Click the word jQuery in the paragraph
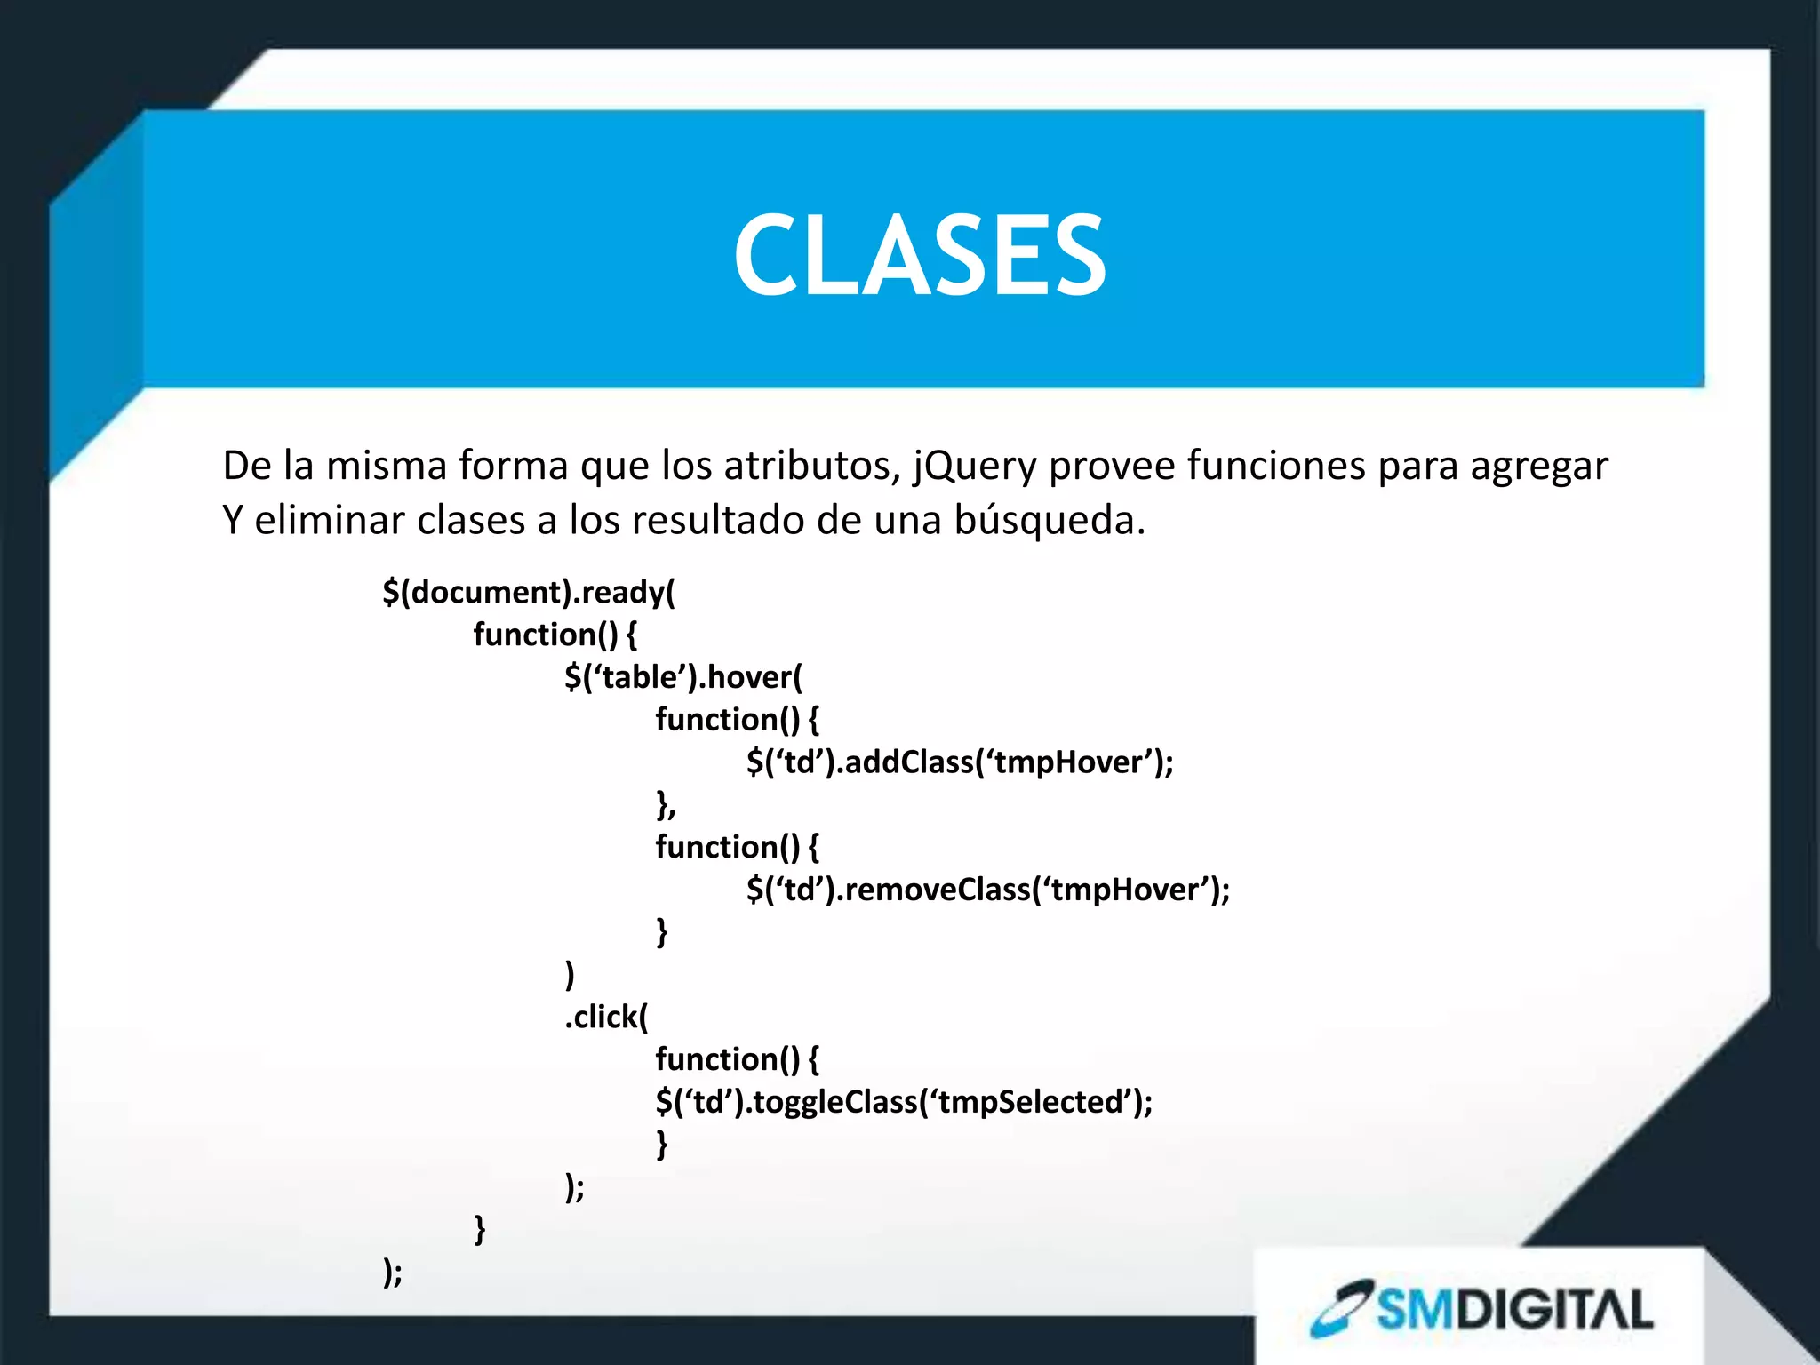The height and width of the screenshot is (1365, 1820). coord(975,467)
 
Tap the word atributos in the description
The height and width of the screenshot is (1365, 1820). coord(807,467)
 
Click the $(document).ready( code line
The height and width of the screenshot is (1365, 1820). coord(529,593)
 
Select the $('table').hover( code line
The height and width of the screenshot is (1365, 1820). coord(682,677)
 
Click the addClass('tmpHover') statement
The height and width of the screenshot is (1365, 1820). coord(960,762)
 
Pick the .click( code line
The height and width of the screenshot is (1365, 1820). coord(606,1017)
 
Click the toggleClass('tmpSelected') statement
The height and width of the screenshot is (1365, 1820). coord(904,1102)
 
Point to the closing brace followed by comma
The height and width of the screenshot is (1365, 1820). coord(666,805)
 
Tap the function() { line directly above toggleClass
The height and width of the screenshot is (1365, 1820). coord(737,1059)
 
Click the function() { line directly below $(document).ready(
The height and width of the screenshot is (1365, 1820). coord(555,635)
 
